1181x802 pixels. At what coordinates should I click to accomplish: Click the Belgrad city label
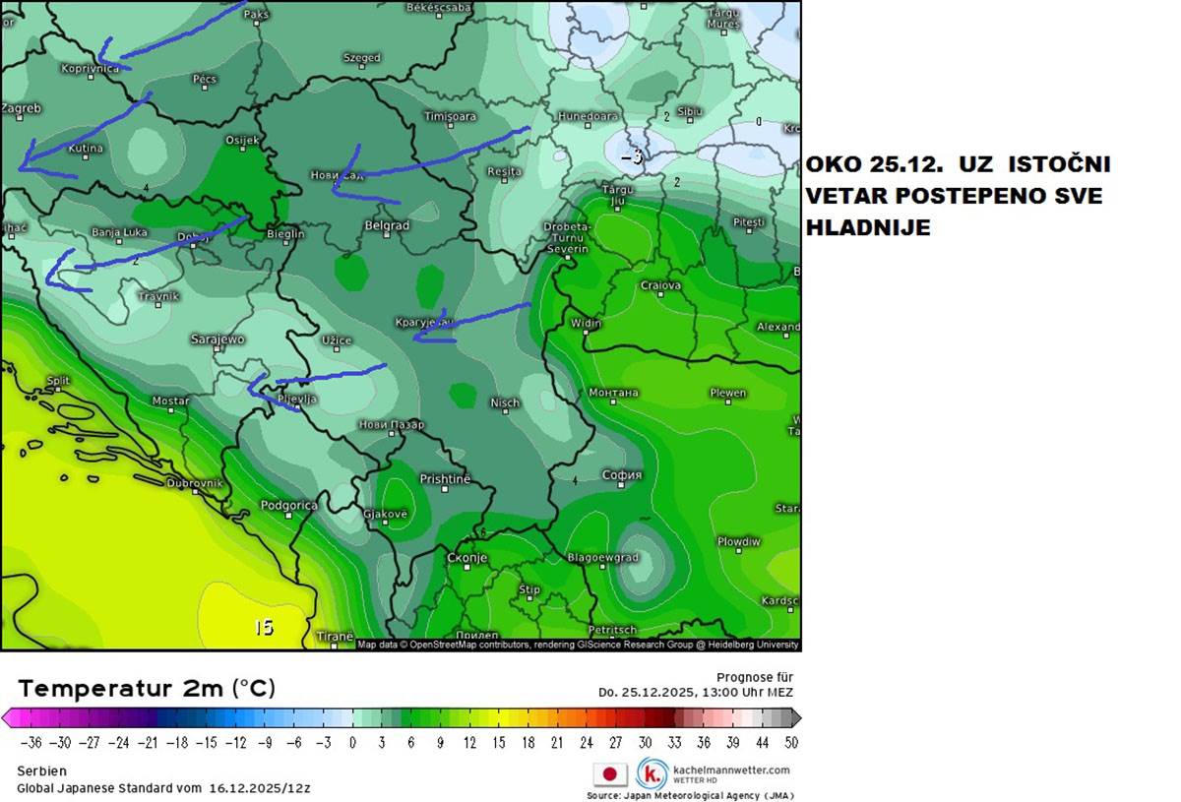[x=387, y=225]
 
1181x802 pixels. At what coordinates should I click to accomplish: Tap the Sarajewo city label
[x=216, y=339]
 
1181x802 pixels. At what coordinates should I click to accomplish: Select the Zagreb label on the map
[x=21, y=108]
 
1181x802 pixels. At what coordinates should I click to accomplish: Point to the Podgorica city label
[x=288, y=506]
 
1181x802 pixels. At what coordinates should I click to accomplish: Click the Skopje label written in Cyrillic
[x=466, y=558]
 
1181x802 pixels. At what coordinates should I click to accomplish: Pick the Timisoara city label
[x=450, y=116]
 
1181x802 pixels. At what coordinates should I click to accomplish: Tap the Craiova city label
[x=660, y=286]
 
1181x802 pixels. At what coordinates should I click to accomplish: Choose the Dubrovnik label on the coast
[x=196, y=483]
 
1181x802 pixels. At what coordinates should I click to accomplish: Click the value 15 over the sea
[x=264, y=628]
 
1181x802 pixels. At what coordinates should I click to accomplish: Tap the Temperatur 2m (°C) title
[x=147, y=688]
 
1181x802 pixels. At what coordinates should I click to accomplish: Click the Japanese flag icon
[x=609, y=774]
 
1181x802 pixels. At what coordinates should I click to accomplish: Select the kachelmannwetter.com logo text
[x=730, y=770]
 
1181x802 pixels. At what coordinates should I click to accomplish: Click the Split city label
[x=58, y=381]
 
